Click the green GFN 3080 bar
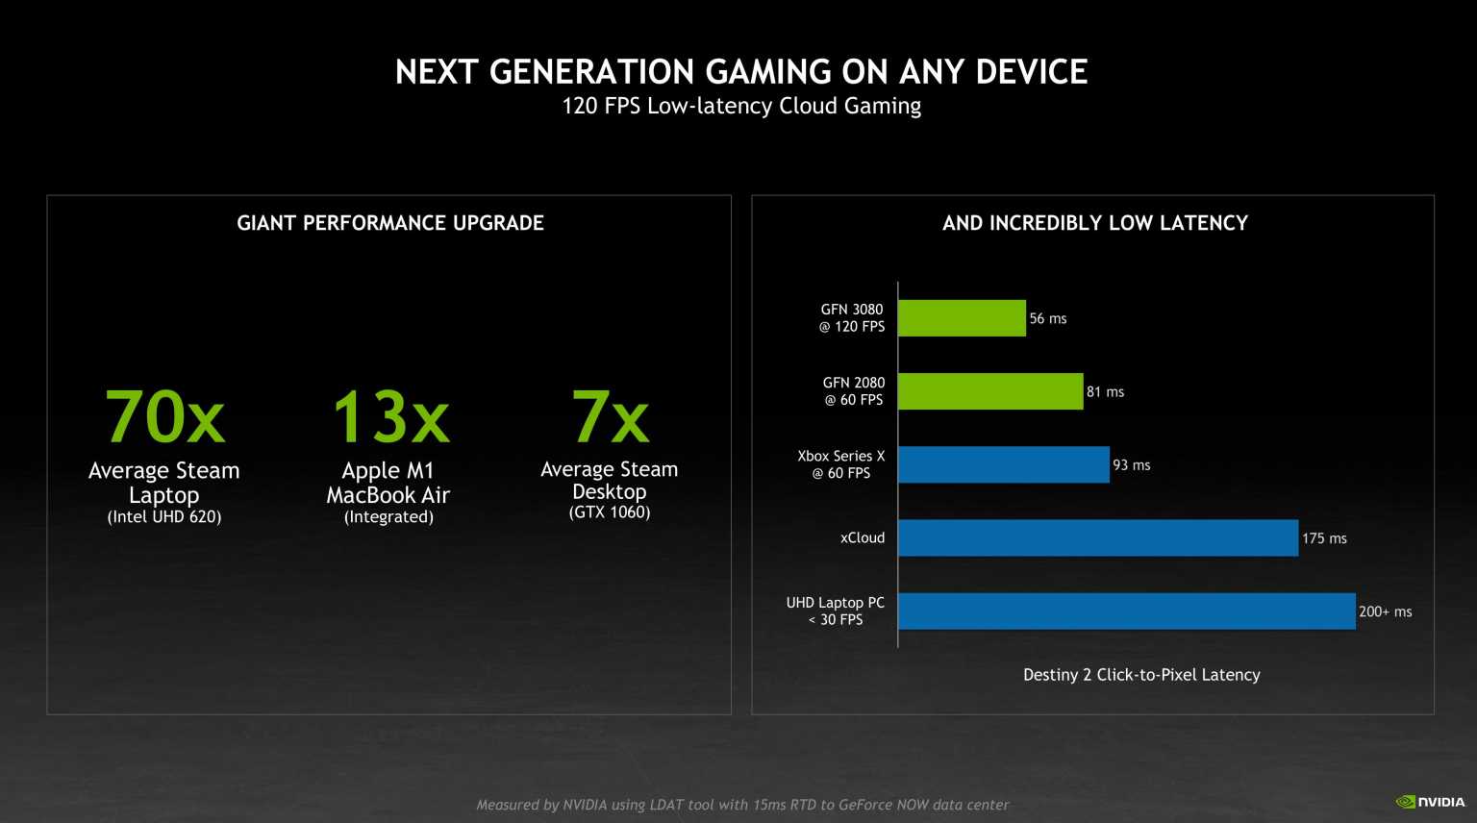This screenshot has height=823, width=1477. click(962, 318)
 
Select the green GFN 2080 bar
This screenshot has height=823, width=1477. click(990, 391)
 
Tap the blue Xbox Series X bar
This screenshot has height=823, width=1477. click(1004, 464)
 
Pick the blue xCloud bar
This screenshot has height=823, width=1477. click(1098, 537)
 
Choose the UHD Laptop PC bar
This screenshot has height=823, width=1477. click(1126, 611)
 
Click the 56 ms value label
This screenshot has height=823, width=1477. click(1048, 318)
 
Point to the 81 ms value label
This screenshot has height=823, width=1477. click(1105, 391)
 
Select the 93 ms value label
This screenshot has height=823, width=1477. click(1132, 464)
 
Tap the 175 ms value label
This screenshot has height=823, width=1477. click(1324, 538)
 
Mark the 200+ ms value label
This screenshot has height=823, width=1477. click(1385, 611)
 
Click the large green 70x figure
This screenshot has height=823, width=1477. click(164, 417)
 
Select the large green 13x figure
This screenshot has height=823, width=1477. click(390, 417)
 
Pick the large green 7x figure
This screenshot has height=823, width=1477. click(610, 417)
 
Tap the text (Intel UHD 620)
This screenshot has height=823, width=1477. click(164, 517)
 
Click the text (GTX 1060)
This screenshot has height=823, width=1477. click(610, 512)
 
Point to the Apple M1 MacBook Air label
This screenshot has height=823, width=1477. click(388, 483)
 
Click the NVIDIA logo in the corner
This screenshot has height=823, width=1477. click(1431, 801)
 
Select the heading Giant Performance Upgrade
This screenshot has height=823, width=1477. click(390, 223)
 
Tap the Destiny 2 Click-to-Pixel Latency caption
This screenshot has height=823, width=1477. click(1141, 675)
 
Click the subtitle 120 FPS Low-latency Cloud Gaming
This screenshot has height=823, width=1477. click(741, 106)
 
